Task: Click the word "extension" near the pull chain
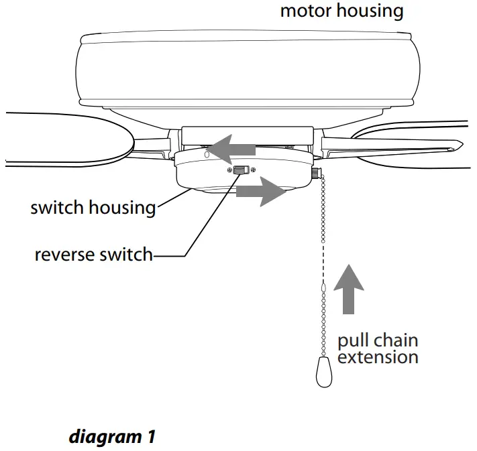coord(378,357)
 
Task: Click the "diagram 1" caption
coord(112,438)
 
